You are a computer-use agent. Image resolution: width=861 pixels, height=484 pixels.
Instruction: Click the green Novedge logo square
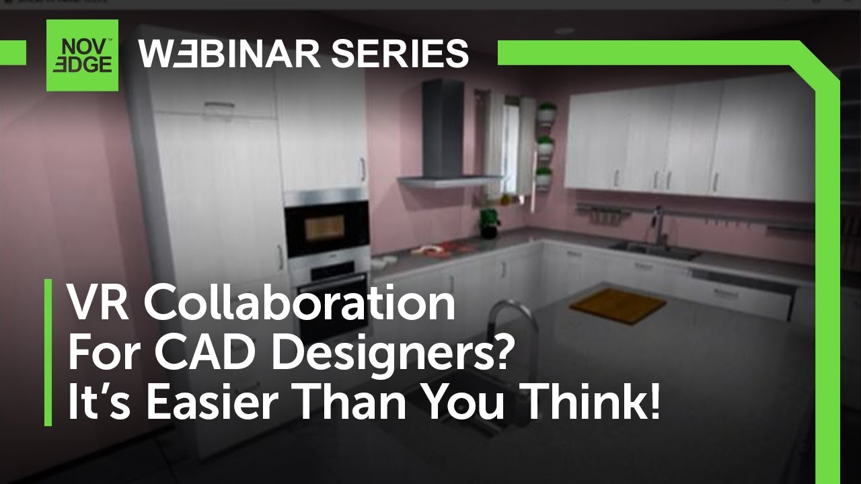point(82,55)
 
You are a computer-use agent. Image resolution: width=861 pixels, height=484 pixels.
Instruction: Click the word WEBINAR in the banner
point(227,54)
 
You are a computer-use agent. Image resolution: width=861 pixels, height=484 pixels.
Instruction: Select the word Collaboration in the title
point(300,304)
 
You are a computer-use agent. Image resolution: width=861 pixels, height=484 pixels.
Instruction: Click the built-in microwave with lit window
point(327,226)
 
